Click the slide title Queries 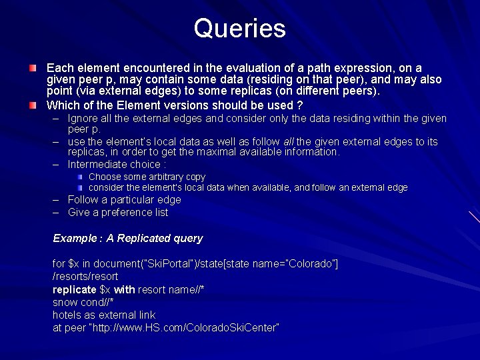coord(239,29)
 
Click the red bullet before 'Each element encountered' coord(33,69)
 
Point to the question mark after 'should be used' coord(300,105)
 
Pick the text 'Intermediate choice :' coord(117,164)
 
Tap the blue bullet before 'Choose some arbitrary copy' coord(80,177)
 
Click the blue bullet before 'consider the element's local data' coord(80,188)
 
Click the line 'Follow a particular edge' coord(124,200)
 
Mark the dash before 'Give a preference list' coord(57,213)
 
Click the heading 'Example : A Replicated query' coord(127,239)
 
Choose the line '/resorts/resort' coord(85,277)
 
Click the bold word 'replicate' coord(75,289)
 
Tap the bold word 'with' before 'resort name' coord(124,289)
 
